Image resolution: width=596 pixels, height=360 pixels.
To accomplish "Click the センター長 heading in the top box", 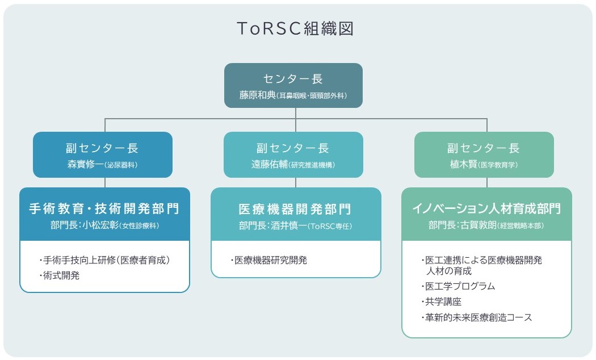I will click(x=293, y=79).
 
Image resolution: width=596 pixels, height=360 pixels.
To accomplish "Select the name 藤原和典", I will click(x=257, y=95).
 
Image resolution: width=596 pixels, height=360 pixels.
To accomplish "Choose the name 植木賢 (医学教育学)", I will click(x=484, y=165).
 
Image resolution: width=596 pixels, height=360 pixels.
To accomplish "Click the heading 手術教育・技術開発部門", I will click(x=104, y=208).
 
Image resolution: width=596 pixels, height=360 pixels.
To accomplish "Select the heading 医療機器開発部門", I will click(x=295, y=208).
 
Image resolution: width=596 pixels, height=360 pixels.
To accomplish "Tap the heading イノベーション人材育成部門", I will click(x=486, y=208).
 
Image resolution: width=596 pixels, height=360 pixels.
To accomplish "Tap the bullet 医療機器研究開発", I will click(x=269, y=261).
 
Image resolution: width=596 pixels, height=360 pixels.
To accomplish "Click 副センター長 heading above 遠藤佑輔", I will click(x=293, y=148).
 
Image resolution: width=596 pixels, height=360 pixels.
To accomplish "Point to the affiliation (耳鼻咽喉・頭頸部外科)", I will click(x=312, y=96).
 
